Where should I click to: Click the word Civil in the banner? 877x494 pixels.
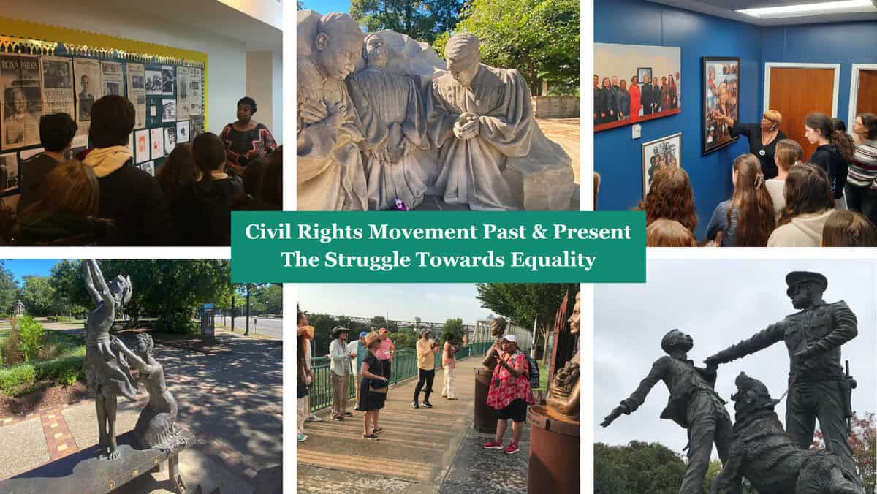point(268,232)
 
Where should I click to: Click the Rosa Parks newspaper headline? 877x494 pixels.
point(20,64)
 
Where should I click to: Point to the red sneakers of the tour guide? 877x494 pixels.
point(501,446)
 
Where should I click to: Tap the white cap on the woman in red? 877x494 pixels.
point(509,338)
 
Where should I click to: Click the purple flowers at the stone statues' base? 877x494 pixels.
point(401,204)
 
